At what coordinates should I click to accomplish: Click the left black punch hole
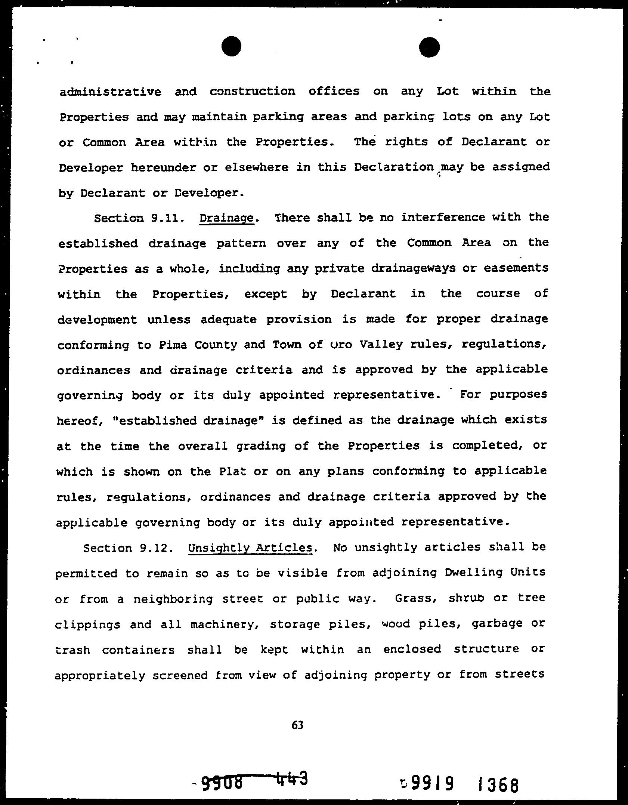[x=231, y=46]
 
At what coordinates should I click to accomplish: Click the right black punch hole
[x=429, y=47]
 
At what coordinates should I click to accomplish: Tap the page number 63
[x=297, y=725]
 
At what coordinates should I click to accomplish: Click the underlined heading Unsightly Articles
[x=250, y=548]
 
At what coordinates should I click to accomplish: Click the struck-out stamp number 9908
[x=222, y=781]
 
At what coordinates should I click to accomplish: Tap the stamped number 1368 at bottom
[x=498, y=784]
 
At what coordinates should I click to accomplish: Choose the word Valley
[x=381, y=344]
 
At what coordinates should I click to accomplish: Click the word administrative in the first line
[x=111, y=92]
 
